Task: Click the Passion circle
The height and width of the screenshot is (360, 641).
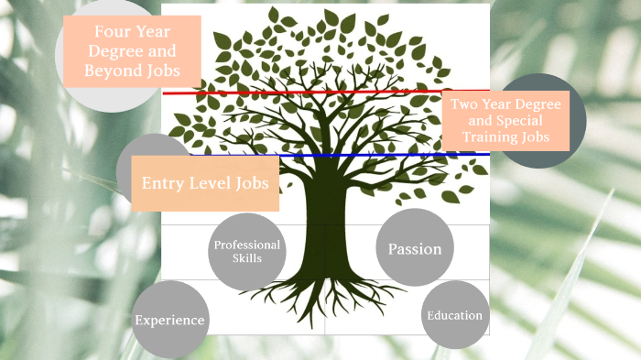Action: click(x=415, y=248)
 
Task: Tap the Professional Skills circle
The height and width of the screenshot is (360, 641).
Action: click(x=246, y=250)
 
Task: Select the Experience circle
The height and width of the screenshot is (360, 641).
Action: click(x=169, y=320)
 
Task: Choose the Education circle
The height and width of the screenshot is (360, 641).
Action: click(x=454, y=316)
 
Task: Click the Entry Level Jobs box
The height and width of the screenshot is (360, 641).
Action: click(x=204, y=183)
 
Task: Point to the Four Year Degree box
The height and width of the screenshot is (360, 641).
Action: click(x=132, y=51)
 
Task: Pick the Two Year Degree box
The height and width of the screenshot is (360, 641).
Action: click(x=505, y=121)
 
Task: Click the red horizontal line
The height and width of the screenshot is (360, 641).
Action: click(x=302, y=93)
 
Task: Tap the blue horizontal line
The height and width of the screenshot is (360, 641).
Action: click(x=366, y=156)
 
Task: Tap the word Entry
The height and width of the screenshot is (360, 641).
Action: click(x=163, y=183)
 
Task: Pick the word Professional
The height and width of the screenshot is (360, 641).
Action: click(x=246, y=245)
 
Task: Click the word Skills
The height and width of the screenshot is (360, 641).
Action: click(x=246, y=258)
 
